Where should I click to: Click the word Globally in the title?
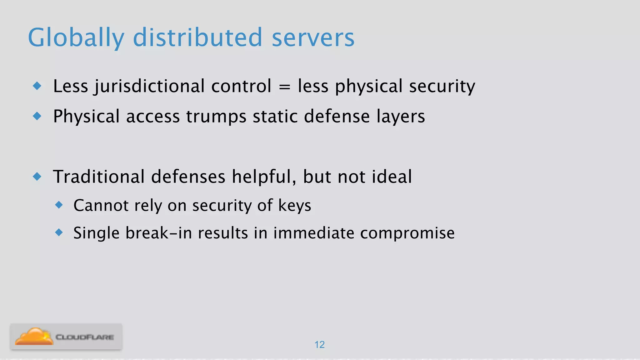76,37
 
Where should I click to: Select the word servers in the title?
313,37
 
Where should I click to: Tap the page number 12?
319,344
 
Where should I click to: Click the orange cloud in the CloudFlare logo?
34,337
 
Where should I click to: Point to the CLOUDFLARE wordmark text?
85,337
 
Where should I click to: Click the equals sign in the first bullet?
284,86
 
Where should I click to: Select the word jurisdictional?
150,86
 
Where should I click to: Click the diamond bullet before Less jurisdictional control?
37,86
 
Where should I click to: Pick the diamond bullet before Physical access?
37,116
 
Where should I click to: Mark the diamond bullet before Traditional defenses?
37,177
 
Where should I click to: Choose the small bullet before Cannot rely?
59,205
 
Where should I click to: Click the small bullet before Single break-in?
59,232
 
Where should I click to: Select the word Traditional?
99,177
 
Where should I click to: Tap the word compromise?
407,233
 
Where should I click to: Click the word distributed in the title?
197,37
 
